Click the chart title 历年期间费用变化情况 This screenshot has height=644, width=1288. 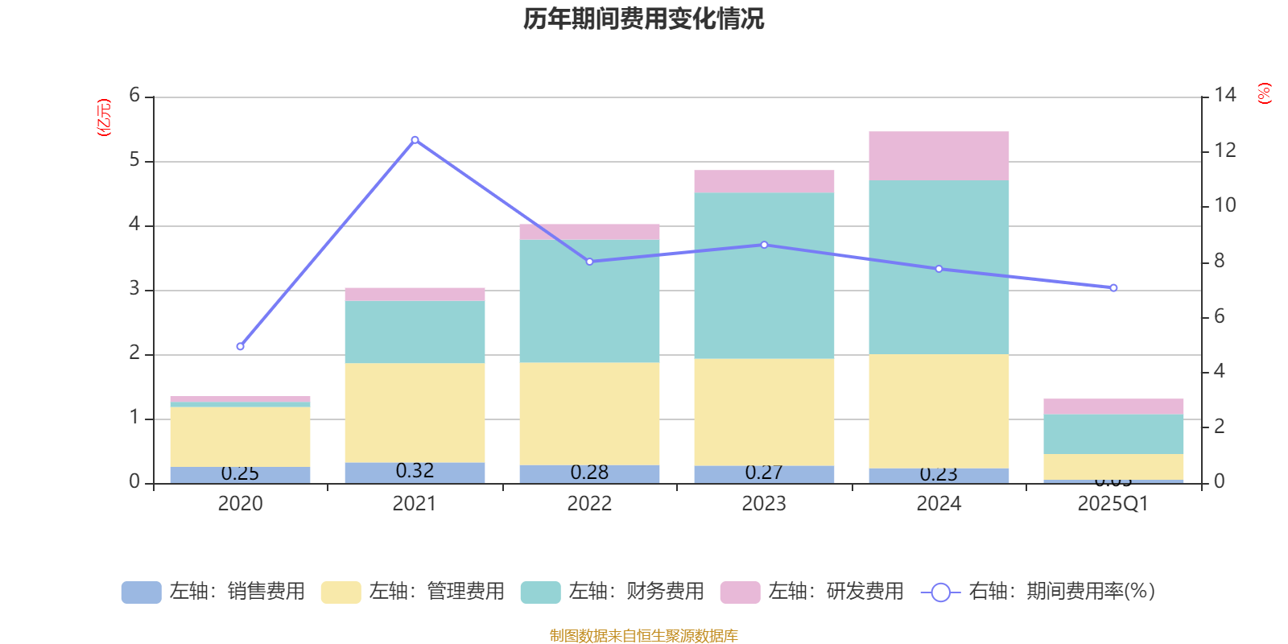643,19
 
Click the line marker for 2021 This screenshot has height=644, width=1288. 415,140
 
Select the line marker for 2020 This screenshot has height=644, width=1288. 240,346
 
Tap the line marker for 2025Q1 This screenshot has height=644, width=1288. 1113,287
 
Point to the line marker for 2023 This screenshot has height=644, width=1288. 764,245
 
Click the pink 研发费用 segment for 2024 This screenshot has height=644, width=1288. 939,155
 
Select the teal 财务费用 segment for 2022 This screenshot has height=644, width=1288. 589,301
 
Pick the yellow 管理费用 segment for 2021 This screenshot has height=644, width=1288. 415,412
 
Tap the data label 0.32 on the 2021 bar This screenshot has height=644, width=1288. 415,471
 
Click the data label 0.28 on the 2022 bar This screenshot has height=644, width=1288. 589,473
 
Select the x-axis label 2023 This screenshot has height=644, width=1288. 764,504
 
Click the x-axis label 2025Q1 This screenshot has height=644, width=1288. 1113,504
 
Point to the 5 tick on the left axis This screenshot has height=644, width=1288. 134,160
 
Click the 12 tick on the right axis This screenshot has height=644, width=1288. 1224,151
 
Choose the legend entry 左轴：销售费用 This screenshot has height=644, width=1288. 213,592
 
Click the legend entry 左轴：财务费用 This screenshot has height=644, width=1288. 613,592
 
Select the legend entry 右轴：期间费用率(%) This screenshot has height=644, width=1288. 1038,592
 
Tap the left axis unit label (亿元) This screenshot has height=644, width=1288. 104,118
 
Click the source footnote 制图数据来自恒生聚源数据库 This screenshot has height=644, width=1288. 643,636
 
